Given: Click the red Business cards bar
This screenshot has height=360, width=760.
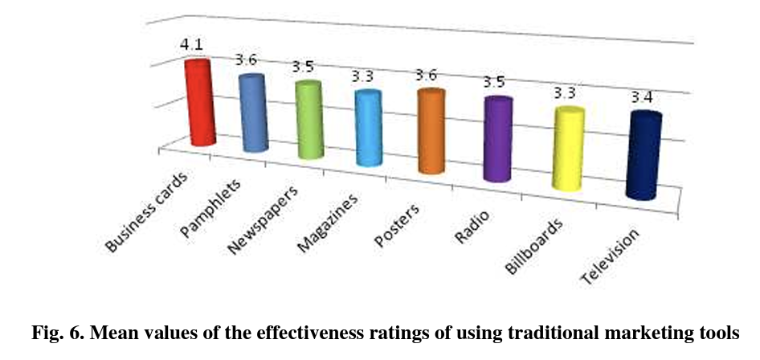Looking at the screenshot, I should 199,103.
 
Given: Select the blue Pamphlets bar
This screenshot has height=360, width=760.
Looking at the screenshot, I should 253,112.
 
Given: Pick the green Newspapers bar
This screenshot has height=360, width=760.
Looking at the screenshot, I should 308,120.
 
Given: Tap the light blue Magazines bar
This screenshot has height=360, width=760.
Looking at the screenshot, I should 369,129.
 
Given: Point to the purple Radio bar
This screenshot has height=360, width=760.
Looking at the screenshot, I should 496,140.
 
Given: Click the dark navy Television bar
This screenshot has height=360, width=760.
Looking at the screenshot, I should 644,156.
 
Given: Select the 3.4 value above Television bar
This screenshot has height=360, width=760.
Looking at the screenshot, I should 642,97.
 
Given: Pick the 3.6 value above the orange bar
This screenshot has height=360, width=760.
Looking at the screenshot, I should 428,75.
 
